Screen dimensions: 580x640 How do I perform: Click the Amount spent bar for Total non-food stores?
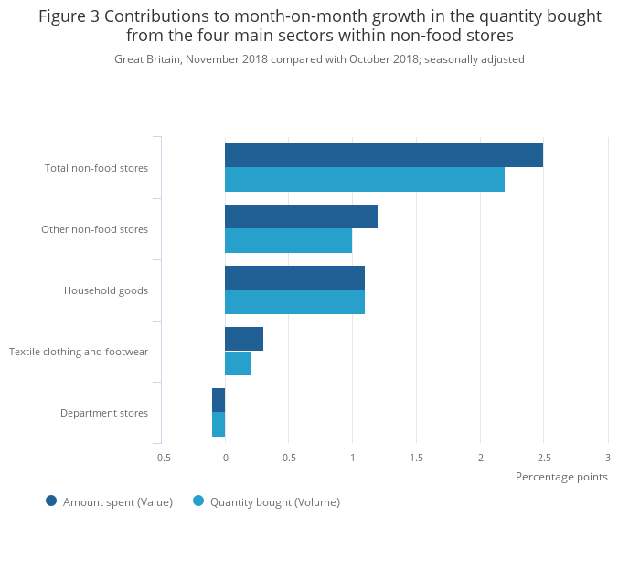pos(384,155)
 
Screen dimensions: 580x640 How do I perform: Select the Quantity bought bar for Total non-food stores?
pos(365,180)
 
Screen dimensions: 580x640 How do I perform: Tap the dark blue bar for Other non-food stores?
pos(301,216)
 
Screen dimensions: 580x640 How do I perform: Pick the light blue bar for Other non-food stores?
pos(288,241)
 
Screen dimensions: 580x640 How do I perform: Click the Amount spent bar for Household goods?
pos(294,278)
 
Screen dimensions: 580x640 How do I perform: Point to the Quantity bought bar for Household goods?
pos(294,302)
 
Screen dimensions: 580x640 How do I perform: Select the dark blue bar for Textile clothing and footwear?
pos(244,339)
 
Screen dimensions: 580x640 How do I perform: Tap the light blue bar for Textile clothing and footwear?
pos(238,364)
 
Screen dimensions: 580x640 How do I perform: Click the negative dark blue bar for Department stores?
pos(219,400)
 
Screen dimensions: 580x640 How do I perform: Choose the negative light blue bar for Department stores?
pos(219,425)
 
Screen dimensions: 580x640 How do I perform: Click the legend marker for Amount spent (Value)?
pos(51,501)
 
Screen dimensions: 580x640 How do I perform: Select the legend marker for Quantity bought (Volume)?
pos(198,501)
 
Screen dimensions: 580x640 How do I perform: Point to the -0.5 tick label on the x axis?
pos(162,457)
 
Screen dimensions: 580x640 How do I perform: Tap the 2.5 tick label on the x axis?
pos(544,457)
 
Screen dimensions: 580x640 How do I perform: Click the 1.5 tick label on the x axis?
pos(416,457)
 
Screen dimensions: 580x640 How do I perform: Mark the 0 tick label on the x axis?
pos(225,457)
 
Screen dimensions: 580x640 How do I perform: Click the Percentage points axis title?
pos(561,477)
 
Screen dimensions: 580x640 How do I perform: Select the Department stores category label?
pos(104,413)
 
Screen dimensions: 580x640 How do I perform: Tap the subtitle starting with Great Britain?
pos(319,59)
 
